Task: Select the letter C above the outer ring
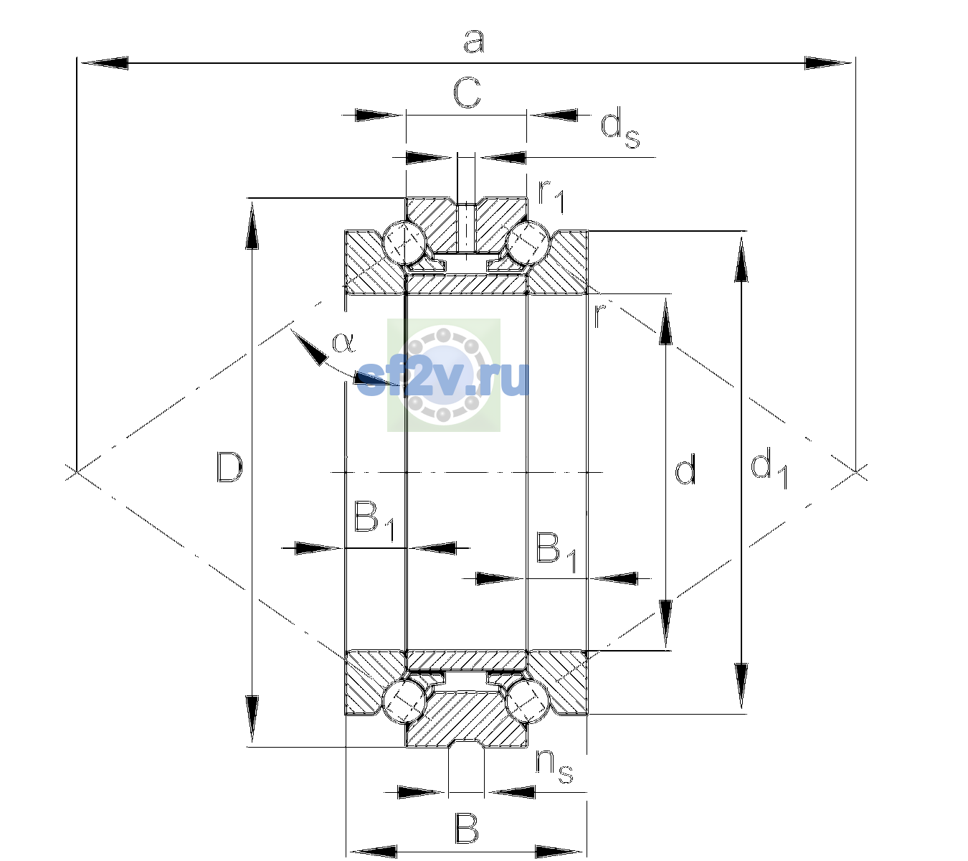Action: click(467, 93)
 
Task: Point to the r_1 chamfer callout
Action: click(551, 196)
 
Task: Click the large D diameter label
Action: click(229, 466)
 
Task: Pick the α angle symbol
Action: click(344, 342)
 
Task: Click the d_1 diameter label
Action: click(769, 468)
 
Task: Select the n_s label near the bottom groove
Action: click(554, 767)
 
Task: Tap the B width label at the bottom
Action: click(467, 829)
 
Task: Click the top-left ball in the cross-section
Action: click(404, 243)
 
